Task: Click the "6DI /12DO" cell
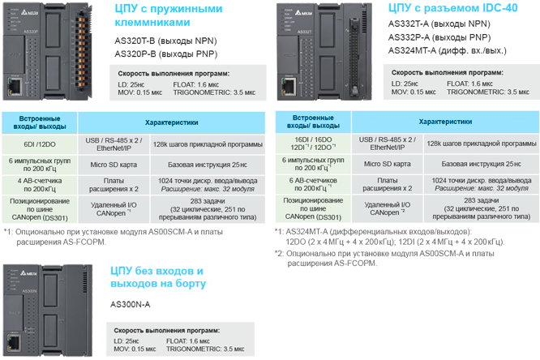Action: (x=40, y=144)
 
